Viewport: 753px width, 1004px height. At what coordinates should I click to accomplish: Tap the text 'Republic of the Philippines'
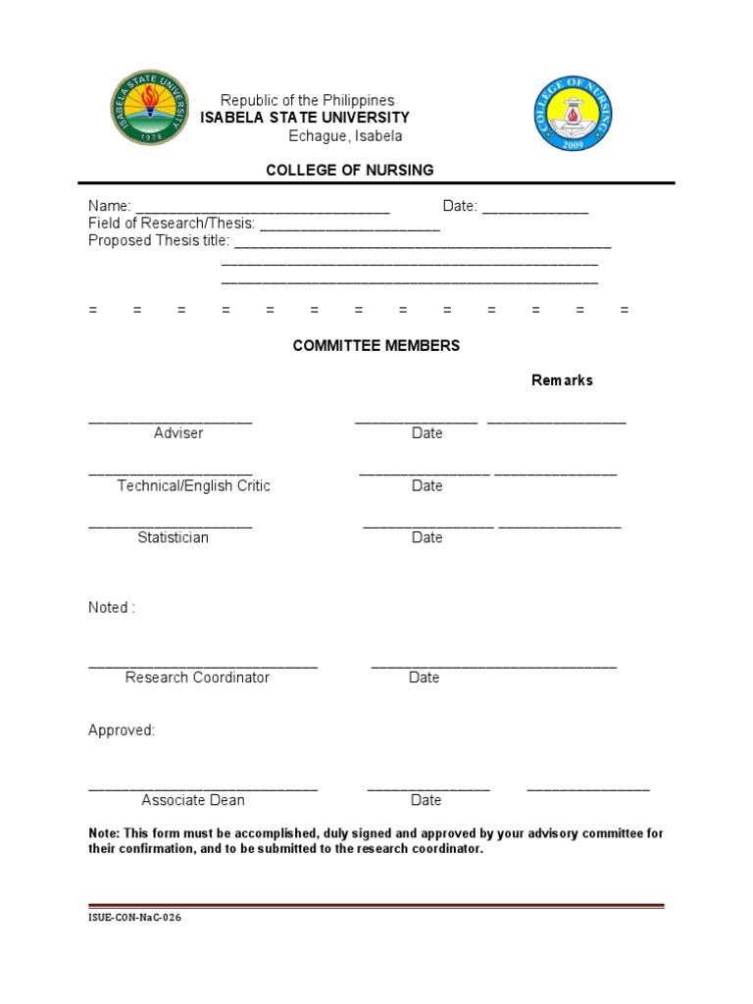click(307, 100)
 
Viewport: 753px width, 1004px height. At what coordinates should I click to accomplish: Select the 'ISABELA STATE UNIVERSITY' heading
click(305, 118)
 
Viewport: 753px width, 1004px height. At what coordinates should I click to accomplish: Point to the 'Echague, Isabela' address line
click(345, 136)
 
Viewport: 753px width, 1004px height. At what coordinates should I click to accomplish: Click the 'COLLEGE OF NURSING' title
click(350, 171)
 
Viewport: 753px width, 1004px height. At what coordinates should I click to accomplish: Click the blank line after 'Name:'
click(262, 207)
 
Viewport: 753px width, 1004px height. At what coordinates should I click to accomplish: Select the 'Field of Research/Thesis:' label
click(172, 224)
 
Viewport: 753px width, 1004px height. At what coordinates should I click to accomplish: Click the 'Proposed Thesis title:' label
click(159, 241)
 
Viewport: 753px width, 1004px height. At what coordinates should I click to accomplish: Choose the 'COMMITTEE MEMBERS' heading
click(376, 346)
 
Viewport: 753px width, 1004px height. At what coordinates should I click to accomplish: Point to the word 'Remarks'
click(562, 380)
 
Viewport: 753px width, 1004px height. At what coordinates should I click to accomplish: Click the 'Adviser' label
click(178, 433)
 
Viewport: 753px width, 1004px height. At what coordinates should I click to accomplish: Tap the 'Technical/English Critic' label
click(193, 486)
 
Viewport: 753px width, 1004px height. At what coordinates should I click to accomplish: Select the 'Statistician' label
click(173, 538)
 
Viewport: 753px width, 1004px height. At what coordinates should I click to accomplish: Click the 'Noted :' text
click(112, 608)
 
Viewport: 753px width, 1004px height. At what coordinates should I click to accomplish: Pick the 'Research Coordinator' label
click(197, 678)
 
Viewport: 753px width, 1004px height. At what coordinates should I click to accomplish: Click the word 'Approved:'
click(122, 730)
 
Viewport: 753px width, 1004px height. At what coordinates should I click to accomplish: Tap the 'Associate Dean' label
click(193, 800)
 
